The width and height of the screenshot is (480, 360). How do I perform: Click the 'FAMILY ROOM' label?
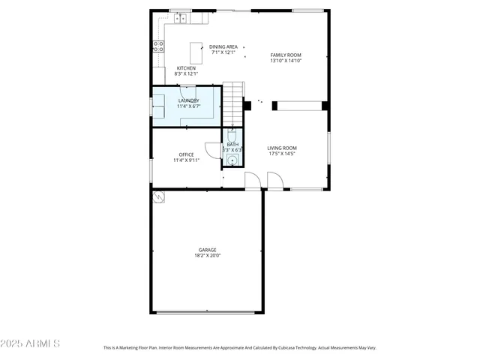point(285,55)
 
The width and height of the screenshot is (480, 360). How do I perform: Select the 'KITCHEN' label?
point(186,68)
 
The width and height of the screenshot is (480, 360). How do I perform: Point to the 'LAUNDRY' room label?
point(188,100)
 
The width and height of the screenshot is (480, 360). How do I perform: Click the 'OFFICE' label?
point(186,154)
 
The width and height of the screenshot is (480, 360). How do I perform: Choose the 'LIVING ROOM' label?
point(282,148)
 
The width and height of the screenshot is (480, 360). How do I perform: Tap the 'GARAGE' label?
point(207,250)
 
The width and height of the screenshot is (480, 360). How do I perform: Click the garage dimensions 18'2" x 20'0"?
point(207,256)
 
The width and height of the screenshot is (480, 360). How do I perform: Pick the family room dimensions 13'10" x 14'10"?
point(285,61)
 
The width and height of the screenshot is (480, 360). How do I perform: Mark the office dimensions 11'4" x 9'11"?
point(186,160)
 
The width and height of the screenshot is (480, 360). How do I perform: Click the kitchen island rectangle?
point(197,54)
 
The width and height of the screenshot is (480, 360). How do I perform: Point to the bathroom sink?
point(232,159)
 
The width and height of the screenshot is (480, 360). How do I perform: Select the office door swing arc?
point(210,149)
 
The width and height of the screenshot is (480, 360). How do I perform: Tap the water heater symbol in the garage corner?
point(158,196)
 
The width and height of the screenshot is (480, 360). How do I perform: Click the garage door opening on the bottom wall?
point(207,313)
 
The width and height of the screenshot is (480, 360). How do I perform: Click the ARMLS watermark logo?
point(31,343)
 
